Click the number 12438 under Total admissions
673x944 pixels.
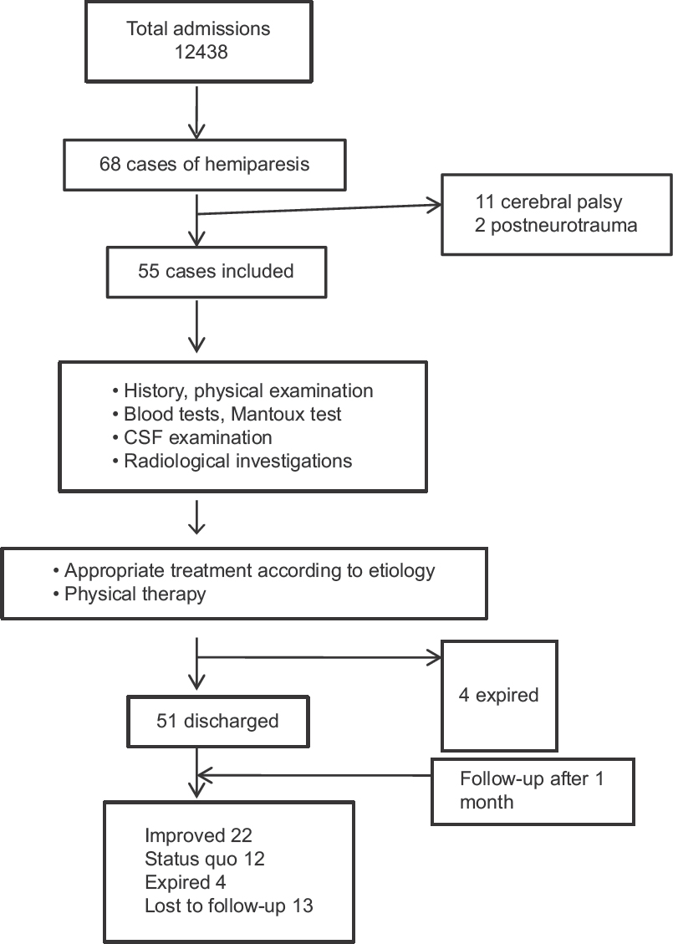click(x=201, y=52)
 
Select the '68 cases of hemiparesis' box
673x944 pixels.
click(x=205, y=165)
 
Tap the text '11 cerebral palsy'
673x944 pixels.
click(x=549, y=202)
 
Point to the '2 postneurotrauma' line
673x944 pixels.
click(x=556, y=225)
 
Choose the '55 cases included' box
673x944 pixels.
click(x=217, y=272)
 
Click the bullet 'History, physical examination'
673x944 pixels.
click(x=242, y=390)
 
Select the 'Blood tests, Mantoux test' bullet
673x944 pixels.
click(x=227, y=414)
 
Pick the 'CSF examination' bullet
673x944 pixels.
click(x=192, y=437)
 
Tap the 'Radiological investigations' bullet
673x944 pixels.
click(x=232, y=462)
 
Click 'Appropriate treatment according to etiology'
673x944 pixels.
click(x=244, y=571)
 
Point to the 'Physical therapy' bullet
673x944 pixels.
click(x=130, y=594)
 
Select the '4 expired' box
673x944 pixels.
click(x=500, y=696)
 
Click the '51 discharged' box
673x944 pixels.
click(x=218, y=722)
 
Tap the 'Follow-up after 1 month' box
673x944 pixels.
click(x=533, y=791)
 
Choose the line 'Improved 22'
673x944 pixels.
click(x=198, y=835)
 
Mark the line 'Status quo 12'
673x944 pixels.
click(x=205, y=859)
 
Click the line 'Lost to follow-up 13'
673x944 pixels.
click(x=229, y=906)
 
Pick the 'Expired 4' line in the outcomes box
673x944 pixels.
click(x=186, y=883)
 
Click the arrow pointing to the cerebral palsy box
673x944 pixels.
click(x=319, y=210)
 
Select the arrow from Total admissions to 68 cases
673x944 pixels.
click(x=196, y=113)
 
